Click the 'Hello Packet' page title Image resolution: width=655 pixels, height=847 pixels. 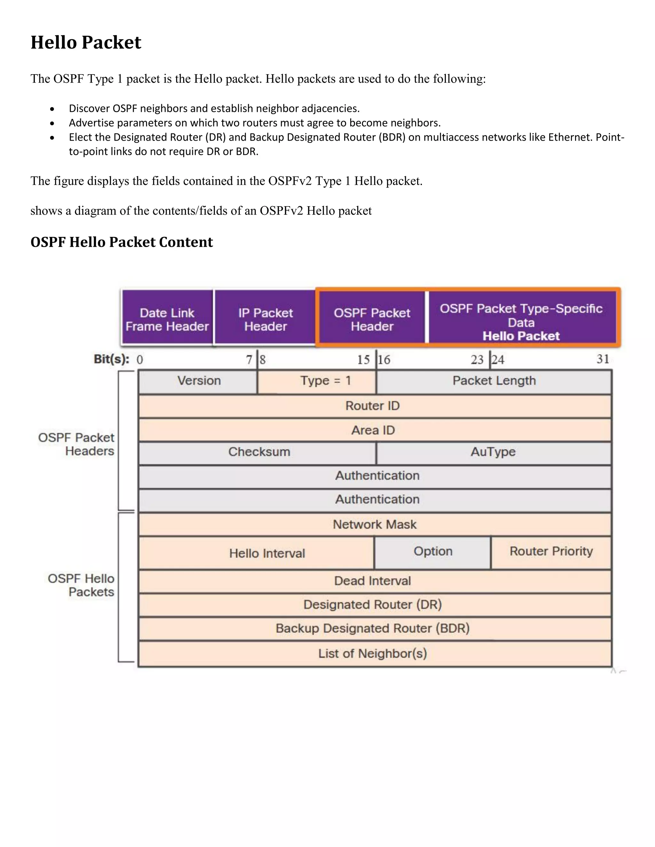(x=86, y=42)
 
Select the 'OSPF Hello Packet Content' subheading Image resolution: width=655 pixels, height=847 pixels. (x=122, y=242)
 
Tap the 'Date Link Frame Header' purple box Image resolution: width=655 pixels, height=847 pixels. (x=167, y=319)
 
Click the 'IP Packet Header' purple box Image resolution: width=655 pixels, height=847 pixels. (x=265, y=319)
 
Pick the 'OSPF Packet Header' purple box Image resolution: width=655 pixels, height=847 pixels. (x=372, y=319)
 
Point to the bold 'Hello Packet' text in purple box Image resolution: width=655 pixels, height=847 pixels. (x=521, y=336)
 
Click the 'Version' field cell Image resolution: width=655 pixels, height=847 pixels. (x=199, y=381)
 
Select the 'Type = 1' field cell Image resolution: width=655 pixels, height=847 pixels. (x=325, y=381)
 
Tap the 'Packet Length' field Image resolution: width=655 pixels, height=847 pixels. (x=494, y=381)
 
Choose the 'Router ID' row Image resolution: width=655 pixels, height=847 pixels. (x=373, y=406)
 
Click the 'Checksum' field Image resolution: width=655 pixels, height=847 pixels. (x=259, y=452)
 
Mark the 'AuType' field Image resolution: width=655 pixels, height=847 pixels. (x=493, y=452)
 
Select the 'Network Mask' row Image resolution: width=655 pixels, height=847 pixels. (x=375, y=524)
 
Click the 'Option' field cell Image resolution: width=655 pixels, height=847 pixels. (x=433, y=551)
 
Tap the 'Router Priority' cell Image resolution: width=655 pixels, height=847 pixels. (x=551, y=551)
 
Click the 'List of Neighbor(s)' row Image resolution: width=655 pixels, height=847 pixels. (x=373, y=654)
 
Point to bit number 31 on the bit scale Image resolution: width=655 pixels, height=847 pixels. (x=602, y=359)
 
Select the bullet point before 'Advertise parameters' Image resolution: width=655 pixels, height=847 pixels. (x=52, y=123)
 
